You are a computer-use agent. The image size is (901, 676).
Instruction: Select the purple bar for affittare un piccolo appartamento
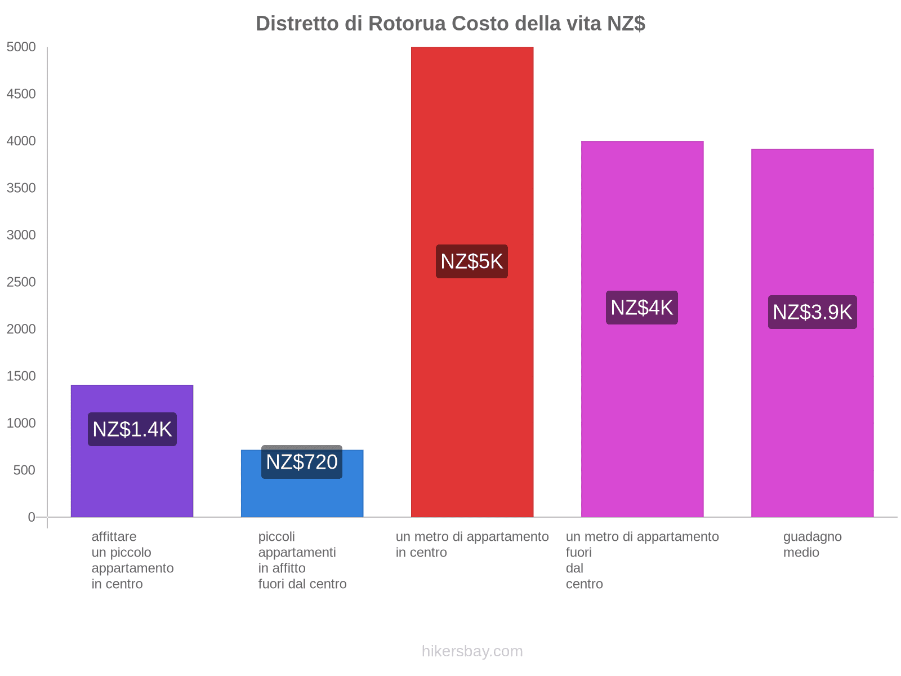132,451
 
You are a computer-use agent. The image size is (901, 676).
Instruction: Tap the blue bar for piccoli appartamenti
302,483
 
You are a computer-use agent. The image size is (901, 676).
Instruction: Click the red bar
472,282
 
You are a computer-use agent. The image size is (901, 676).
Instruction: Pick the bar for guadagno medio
812,332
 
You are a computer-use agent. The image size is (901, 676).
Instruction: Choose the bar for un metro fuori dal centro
642,329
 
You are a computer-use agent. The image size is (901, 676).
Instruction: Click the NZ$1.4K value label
132,429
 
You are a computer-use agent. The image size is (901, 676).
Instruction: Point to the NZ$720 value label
302,462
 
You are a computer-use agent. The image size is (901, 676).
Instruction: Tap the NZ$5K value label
472,261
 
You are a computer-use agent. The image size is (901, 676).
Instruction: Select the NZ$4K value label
641,308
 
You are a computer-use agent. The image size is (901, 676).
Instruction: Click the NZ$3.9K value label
812,312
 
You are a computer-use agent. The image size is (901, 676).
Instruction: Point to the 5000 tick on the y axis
21,47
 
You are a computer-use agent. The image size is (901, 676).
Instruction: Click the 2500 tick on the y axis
21,282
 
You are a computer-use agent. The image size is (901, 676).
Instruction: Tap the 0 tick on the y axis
31,517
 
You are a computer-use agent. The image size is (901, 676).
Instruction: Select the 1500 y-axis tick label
21,376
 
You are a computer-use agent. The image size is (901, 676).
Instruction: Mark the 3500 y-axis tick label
21,188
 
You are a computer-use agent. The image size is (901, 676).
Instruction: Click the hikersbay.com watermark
472,651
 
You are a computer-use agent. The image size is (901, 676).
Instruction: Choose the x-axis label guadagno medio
812,544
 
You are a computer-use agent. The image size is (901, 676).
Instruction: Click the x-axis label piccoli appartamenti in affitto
302,560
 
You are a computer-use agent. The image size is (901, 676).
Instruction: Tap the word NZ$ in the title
626,24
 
